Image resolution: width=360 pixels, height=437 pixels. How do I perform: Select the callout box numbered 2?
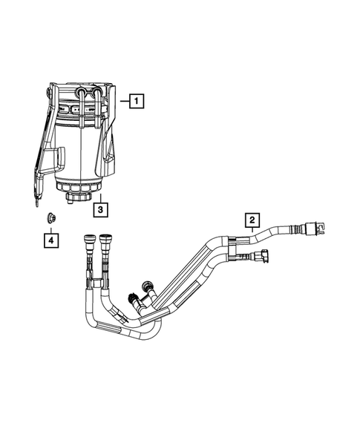tap(252, 219)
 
